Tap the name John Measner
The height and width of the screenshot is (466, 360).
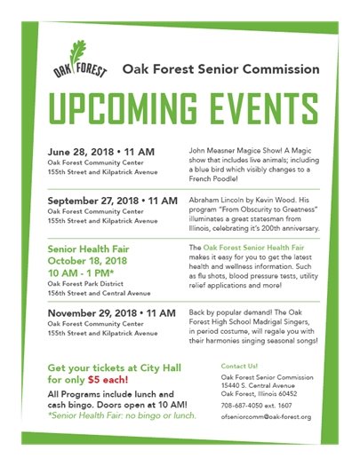211,152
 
